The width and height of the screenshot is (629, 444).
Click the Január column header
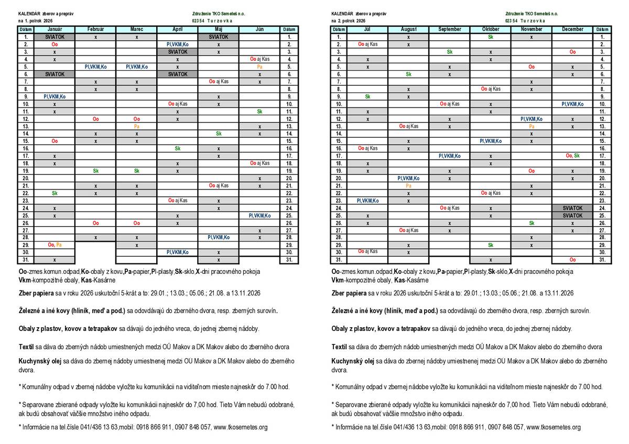(x=55, y=29)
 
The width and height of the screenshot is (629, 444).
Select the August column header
(x=408, y=29)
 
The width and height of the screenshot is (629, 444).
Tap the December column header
(x=572, y=29)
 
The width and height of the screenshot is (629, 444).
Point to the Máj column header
(x=219, y=29)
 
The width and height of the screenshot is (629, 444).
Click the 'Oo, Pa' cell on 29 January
(x=55, y=245)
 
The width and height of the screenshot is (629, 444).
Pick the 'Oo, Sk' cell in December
(x=572, y=156)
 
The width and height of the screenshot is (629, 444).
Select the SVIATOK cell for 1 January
(x=55, y=37)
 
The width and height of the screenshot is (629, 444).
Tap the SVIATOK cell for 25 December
(x=572, y=215)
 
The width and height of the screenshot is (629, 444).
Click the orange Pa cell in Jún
(x=259, y=67)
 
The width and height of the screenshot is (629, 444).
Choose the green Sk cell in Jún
(x=259, y=112)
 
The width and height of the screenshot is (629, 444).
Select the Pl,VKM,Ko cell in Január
(x=55, y=96)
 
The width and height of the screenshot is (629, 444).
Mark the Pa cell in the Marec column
(x=136, y=126)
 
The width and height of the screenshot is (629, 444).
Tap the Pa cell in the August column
(x=408, y=185)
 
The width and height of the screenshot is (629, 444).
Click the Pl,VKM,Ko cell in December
(x=572, y=104)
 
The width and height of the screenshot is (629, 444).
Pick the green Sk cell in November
(x=532, y=223)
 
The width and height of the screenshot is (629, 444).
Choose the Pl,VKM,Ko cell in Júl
(x=367, y=201)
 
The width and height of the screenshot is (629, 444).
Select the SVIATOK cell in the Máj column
(x=219, y=37)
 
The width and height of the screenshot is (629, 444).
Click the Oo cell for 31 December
(x=572, y=260)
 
